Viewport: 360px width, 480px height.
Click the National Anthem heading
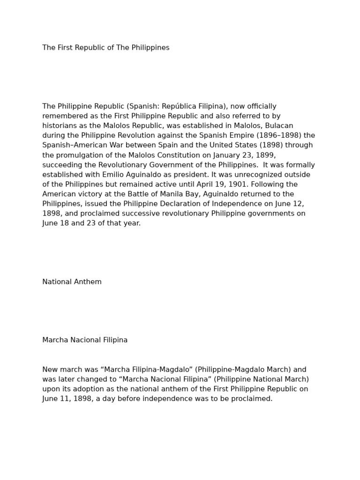click(x=72, y=282)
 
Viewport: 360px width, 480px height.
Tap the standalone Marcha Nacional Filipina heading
click(x=85, y=340)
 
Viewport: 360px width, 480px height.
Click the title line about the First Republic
click(x=106, y=48)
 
